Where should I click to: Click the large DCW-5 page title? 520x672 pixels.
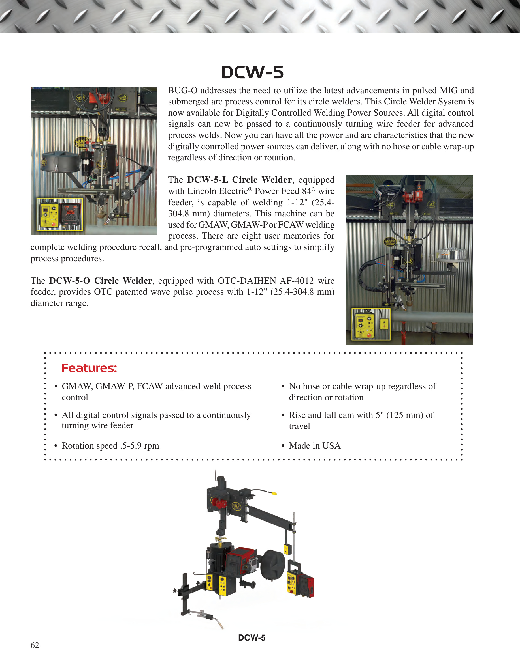coord(252,73)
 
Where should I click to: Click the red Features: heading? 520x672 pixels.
coord(89,368)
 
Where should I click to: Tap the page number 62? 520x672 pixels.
coord(35,645)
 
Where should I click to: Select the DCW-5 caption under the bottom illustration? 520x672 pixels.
coord(252,638)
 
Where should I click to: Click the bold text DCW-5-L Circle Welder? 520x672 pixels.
coord(239,180)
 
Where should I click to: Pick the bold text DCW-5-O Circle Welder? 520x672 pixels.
coord(101,281)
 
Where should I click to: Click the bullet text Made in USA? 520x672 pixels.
coord(315,445)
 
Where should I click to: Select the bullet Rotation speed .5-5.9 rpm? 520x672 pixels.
coord(110,446)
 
